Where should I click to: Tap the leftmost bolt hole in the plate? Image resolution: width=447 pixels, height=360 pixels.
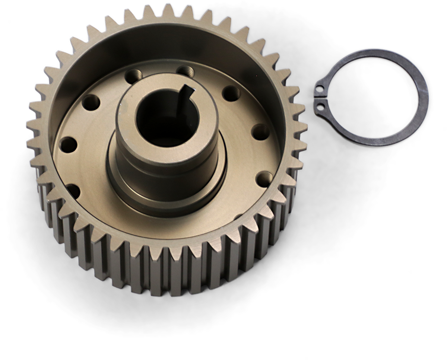[67, 143]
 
